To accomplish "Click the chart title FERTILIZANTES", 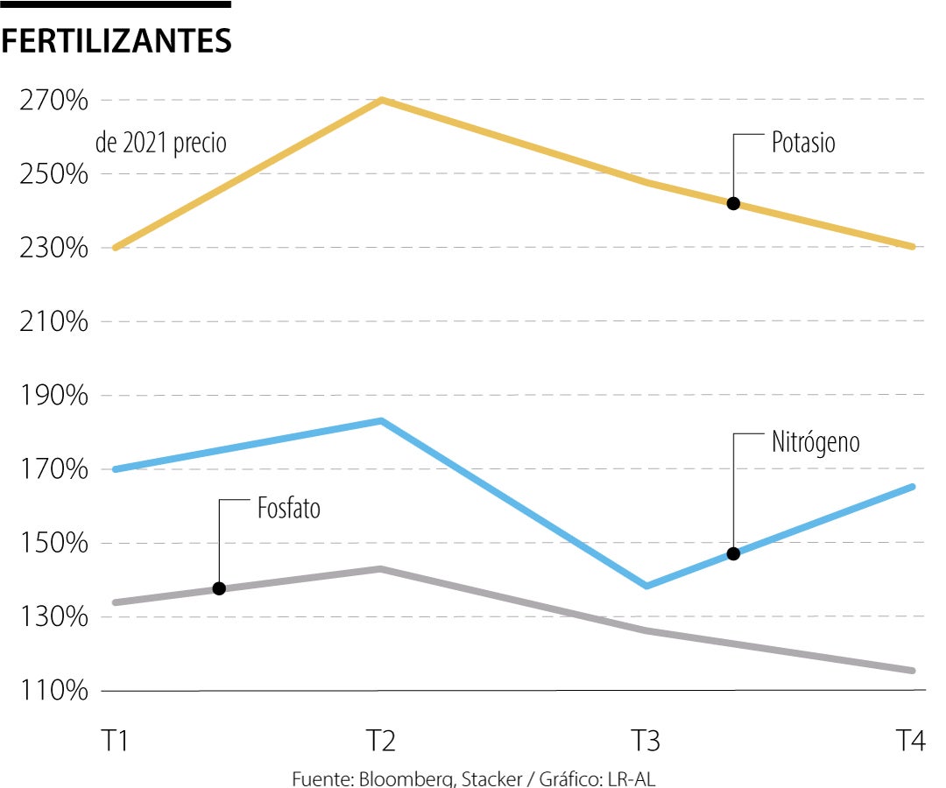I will pyautogui.click(x=116, y=41).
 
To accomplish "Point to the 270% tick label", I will pyautogui.click(x=53, y=101).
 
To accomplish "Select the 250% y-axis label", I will pyautogui.click(x=53, y=174).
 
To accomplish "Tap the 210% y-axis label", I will pyautogui.click(x=53, y=322).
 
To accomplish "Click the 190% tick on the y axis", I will pyautogui.click(x=53, y=396).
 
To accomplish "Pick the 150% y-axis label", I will pyautogui.click(x=53, y=544).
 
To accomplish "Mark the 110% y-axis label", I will pyautogui.click(x=53, y=692).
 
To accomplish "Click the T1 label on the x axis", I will pyautogui.click(x=115, y=742).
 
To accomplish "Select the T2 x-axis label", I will pyautogui.click(x=380, y=742).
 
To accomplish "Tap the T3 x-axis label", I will pyautogui.click(x=646, y=742).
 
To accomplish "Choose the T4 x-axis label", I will pyautogui.click(x=911, y=742).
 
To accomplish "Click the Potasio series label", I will pyautogui.click(x=803, y=143).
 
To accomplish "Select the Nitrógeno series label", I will pyautogui.click(x=815, y=442).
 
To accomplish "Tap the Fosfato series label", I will pyautogui.click(x=289, y=509).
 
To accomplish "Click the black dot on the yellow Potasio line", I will pyautogui.click(x=733, y=204).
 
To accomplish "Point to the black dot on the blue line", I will pyautogui.click(x=733, y=553).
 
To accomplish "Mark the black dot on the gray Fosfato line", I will pyautogui.click(x=219, y=588).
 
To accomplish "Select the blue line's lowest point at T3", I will pyautogui.click(x=646, y=586).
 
